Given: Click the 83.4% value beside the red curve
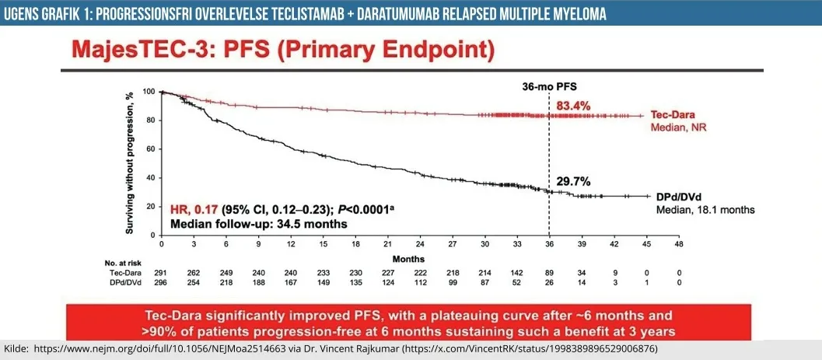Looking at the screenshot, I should tap(575, 105).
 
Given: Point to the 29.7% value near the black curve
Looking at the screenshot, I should tap(573, 180).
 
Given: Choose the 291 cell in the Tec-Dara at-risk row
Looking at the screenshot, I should tap(161, 273).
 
